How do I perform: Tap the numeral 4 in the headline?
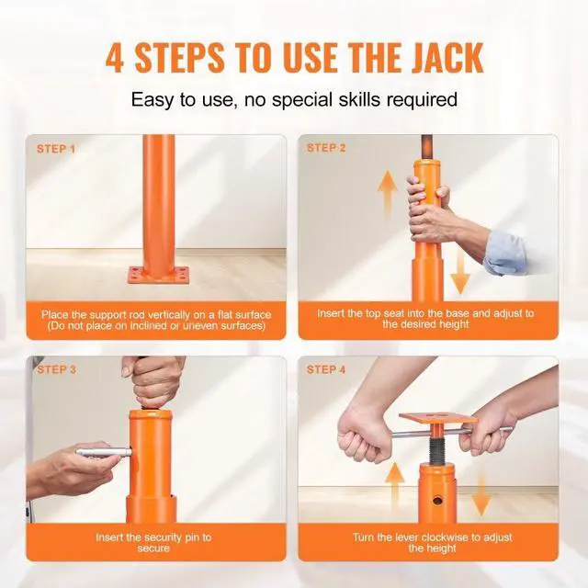[x=116, y=57]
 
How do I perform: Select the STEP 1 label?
[x=56, y=148]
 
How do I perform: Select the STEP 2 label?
[x=326, y=148]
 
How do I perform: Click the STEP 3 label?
[x=56, y=369]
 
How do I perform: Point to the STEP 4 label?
[x=327, y=369]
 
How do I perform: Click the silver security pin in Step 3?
[x=101, y=451]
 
